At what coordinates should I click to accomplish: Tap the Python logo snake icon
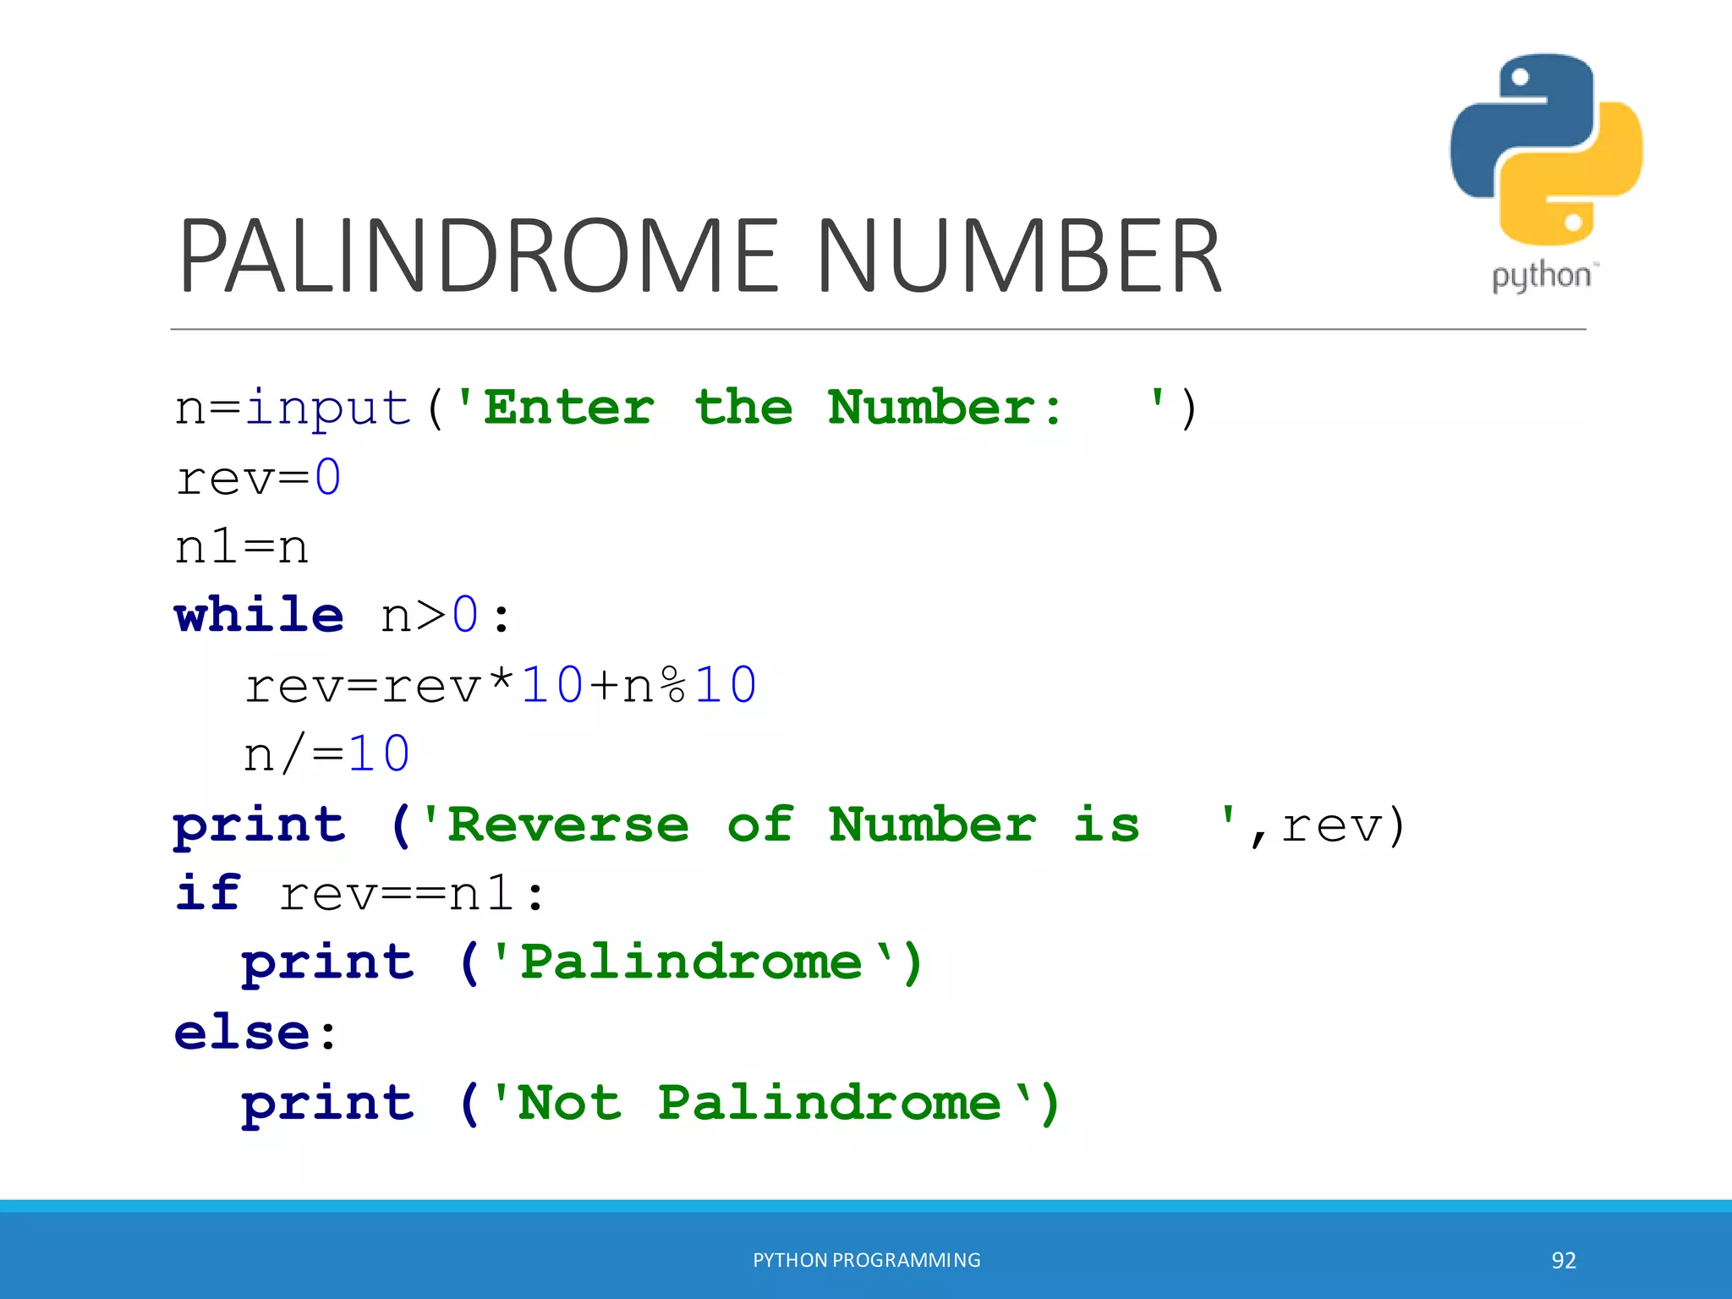(1546, 149)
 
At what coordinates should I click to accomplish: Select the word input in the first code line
(328, 408)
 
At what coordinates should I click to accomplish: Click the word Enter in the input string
(569, 408)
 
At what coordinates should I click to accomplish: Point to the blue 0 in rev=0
(328, 478)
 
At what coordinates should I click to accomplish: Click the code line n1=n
(242, 547)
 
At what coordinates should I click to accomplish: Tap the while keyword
(259, 615)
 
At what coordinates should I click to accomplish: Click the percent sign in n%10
(673, 685)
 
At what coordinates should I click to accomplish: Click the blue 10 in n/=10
(379, 754)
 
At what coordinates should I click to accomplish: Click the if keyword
(208, 893)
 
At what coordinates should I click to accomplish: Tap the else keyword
(243, 1033)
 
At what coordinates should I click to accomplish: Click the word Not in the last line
(569, 1103)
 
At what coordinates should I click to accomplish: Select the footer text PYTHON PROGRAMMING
(867, 1260)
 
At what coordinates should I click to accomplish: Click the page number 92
(1564, 1260)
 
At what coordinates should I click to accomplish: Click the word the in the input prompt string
(743, 408)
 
